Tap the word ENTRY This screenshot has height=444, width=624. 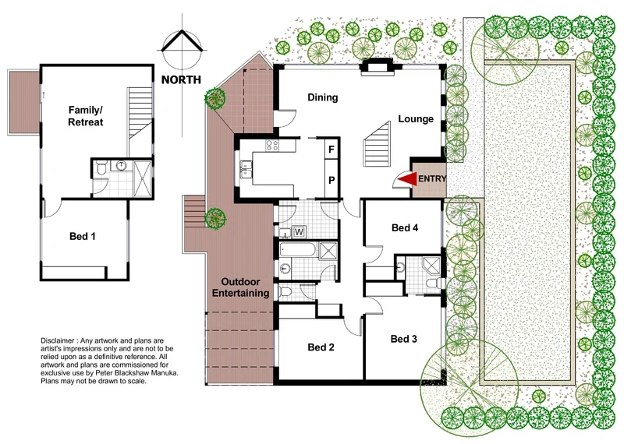433,179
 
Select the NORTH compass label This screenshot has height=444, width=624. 181,79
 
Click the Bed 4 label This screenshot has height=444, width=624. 406,227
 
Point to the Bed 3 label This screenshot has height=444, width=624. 405,339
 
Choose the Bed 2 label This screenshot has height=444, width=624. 321,347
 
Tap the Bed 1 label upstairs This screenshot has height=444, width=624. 84,235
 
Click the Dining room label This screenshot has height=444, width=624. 322,97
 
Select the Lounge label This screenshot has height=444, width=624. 416,119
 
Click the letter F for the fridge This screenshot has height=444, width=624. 331,149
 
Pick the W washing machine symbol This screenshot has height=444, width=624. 298,231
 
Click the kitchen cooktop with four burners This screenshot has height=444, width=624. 273,145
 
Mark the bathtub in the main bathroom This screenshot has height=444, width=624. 299,252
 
